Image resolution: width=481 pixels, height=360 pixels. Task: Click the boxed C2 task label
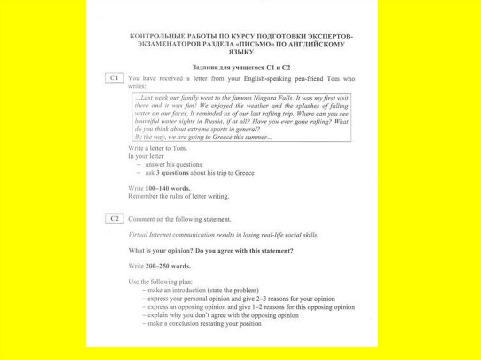tap(114, 219)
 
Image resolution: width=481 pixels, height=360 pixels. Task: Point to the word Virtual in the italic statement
tap(139, 235)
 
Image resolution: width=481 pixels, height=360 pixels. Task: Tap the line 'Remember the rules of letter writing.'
tap(178, 196)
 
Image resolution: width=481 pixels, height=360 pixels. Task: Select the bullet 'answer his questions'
tap(173, 165)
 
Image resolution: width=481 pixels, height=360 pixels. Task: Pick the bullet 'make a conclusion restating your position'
tap(204, 324)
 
